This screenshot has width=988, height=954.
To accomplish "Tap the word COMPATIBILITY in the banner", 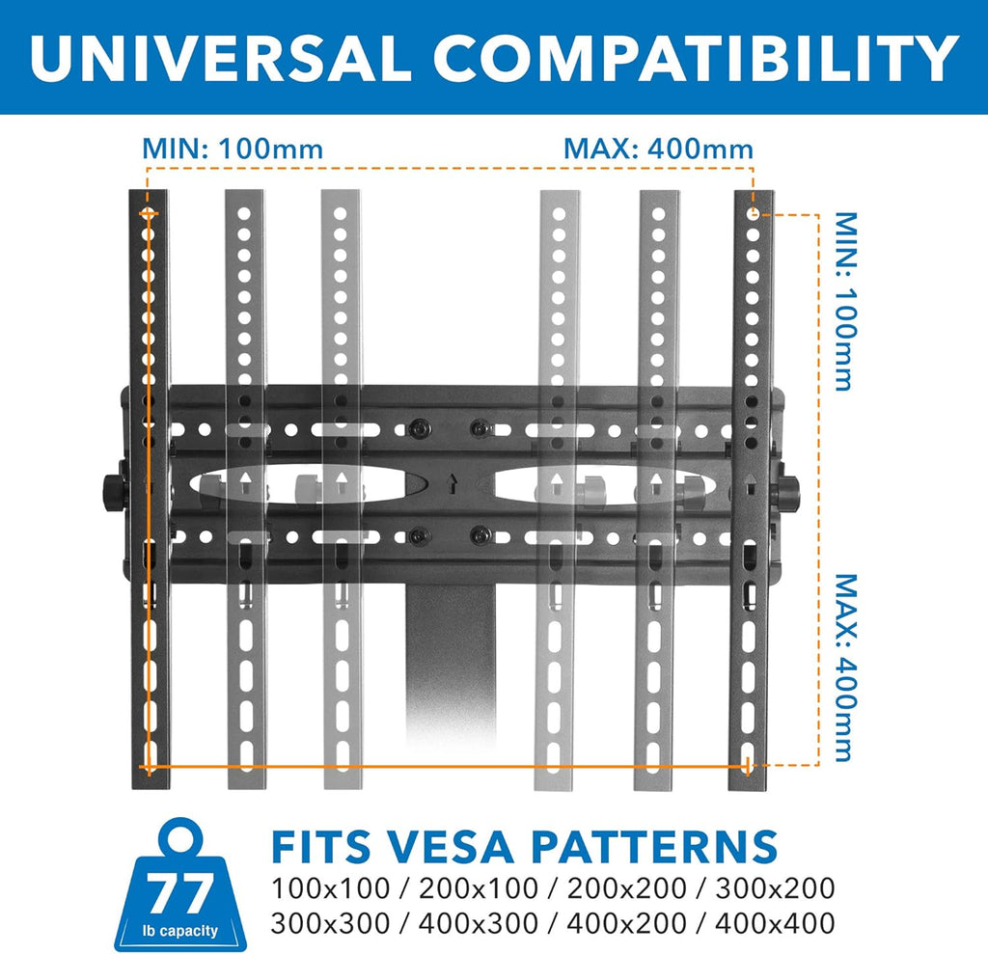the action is [x=696, y=57].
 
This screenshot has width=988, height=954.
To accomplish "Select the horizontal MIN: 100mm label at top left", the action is [x=233, y=150].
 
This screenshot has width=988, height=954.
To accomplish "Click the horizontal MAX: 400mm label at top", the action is [x=658, y=150].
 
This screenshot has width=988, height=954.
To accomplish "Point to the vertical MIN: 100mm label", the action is [x=845, y=301].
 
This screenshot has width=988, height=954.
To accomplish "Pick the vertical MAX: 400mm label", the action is [x=845, y=668].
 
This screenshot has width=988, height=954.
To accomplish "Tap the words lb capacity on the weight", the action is [x=180, y=931].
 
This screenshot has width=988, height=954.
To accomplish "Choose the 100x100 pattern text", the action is [x=330, y=888].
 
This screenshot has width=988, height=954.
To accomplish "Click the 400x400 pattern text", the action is [x=775, y=923].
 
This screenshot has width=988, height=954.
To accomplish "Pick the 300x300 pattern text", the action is [x=330, y=923].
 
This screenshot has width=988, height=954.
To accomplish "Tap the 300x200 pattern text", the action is [x=775, y=888].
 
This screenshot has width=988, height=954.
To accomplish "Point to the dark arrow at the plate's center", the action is [x=452, y=483].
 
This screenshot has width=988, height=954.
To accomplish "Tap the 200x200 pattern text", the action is [x=626, y=888].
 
